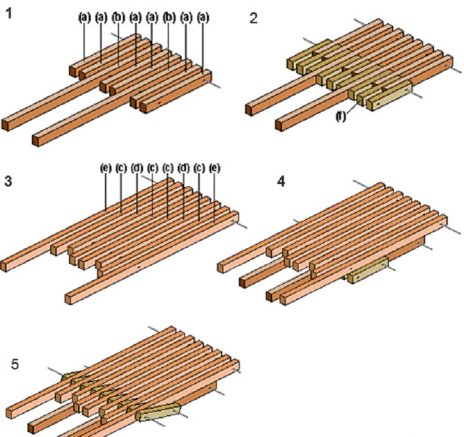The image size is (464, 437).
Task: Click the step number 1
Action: point(9,13)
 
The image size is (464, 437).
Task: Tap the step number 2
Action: point(253,19)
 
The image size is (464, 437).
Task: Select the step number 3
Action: point(9,181)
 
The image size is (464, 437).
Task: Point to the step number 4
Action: point(281,181)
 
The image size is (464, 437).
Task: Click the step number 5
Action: point(15,364)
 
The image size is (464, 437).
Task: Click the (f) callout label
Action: point(341,116)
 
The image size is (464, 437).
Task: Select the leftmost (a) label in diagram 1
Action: point(84,18)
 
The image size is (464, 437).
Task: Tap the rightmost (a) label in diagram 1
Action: point(203,18)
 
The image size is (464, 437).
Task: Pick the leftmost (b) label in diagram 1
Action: point(118,18)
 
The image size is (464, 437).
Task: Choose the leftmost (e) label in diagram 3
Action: point(106,168)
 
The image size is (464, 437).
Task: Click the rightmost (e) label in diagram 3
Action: point(215,168)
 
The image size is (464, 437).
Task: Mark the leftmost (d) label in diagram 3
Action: point(137,168)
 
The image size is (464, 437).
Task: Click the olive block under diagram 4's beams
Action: point(368,270)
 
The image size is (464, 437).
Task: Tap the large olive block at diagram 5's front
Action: point(158,412)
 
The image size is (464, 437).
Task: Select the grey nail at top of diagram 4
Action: point(361,183)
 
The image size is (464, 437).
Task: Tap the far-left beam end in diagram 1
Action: point(5,125)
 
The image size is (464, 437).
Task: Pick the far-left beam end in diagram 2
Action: point(249,110)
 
